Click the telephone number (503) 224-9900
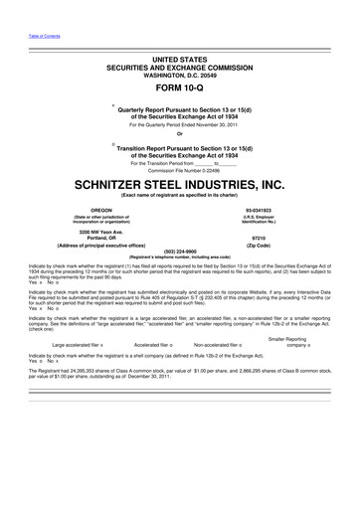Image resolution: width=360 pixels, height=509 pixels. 180,251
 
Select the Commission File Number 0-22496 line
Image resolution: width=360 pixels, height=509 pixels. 180,169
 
